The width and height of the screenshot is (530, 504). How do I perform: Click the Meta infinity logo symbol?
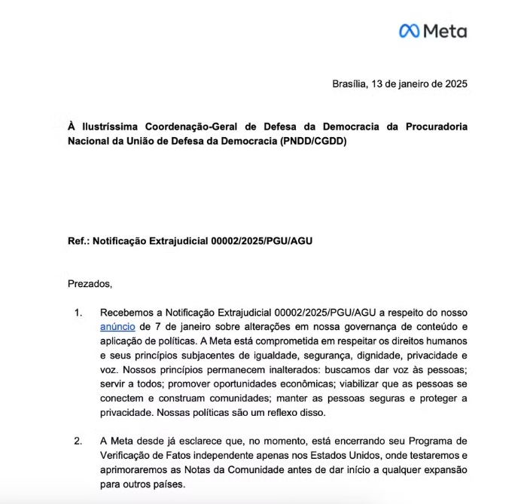tap(409, 31)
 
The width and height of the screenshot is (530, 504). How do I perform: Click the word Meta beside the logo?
tap(445, 31)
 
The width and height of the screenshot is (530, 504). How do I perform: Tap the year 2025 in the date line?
tap(455, 84)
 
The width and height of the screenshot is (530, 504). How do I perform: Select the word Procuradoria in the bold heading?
tap(434, 126)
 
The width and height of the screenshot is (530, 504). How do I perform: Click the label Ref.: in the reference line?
tap(79, 242)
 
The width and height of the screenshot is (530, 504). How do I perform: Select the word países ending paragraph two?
tap(168, 484)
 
